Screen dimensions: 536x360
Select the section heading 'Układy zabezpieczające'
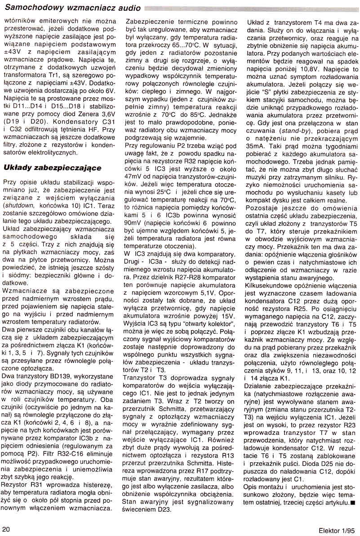coord(52,168)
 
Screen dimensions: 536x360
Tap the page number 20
coord(7,528)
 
